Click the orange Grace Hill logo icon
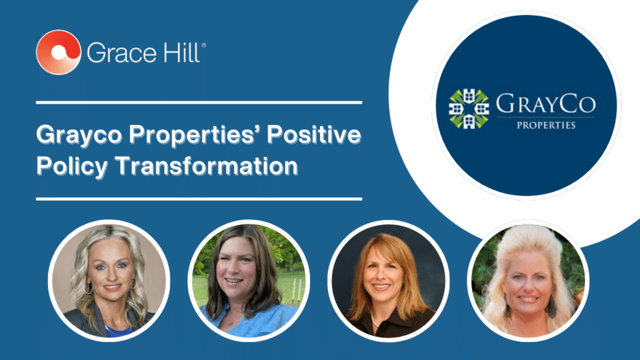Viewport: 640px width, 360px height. pos(58,52)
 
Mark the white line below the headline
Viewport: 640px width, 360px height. pos(199,199)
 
